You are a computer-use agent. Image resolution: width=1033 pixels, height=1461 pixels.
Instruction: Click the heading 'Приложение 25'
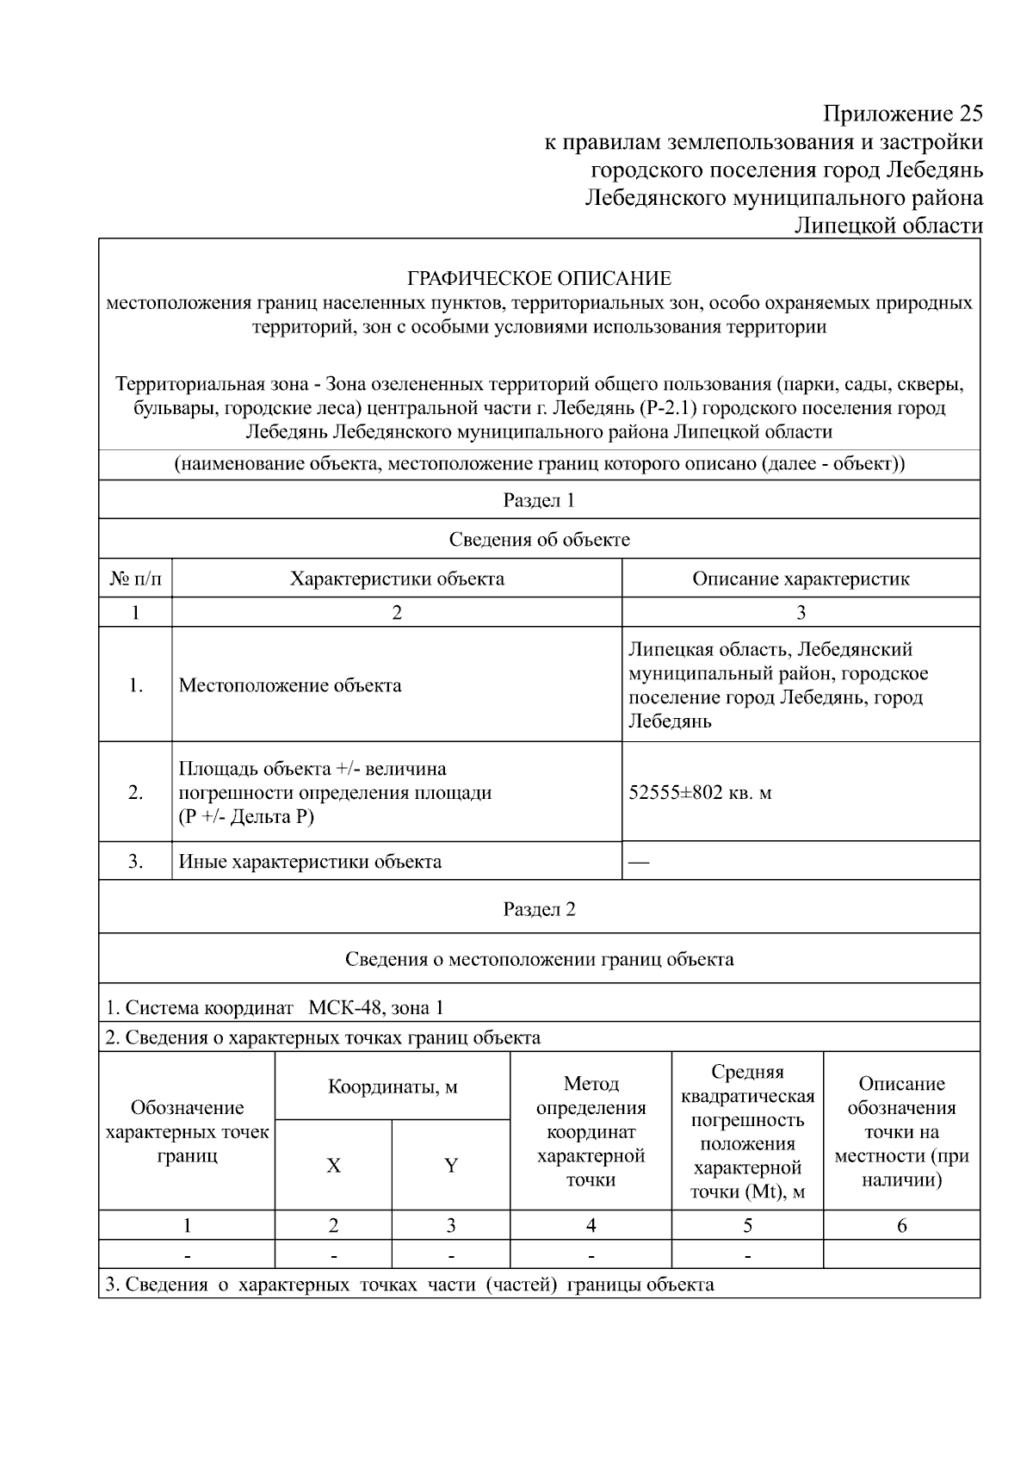[901, 114]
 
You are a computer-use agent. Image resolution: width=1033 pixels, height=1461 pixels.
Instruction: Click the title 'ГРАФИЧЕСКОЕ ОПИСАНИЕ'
[539, 279]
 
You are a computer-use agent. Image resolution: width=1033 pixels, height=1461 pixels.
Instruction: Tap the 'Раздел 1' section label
[539, 500]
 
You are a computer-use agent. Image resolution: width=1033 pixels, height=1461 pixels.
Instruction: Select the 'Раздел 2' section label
[539, 909]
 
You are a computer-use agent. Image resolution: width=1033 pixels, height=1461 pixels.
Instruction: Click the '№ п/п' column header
[135, 579]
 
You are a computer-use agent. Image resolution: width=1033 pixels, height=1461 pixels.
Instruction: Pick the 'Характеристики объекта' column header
[397, 579]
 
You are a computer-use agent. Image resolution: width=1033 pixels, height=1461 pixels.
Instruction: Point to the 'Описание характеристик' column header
[801, 579]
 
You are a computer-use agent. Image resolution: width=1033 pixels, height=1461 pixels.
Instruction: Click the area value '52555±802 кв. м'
[700, 792]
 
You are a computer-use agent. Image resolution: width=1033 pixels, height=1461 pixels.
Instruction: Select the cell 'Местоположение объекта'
[290, 685]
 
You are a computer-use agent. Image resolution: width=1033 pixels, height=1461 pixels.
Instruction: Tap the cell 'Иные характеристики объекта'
[310, 861]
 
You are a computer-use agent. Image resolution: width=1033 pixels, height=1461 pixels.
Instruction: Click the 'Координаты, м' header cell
[393, 1086]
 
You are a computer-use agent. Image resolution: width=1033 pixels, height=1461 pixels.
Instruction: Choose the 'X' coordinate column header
[333, 1166]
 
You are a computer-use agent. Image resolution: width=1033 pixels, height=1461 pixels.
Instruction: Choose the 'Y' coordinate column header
[450, 1166]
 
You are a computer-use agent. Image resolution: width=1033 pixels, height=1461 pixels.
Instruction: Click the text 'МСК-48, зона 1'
[376, 1007]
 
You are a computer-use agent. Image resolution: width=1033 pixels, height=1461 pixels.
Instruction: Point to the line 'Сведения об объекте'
[539, 540]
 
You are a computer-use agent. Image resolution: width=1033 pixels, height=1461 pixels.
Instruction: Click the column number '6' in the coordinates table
[901, 1225]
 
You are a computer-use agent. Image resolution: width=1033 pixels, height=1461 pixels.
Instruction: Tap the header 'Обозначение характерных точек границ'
[187, 1131]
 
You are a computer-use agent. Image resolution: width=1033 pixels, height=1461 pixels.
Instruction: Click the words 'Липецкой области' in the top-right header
[888, 226]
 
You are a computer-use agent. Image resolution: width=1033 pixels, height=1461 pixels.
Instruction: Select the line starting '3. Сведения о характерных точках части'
[409, 1285]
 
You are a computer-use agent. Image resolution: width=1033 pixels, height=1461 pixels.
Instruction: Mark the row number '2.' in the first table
[135, 792]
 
